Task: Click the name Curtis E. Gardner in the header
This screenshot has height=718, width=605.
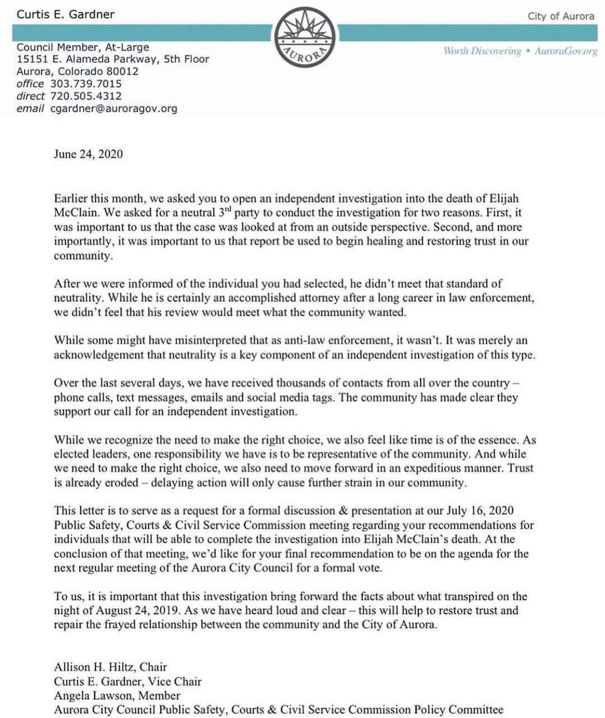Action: coord(66,15)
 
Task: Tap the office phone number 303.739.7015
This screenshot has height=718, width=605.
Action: coord(86,83)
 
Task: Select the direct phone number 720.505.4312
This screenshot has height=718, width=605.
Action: coord(86,96)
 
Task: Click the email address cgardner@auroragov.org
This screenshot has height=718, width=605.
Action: coord(114,108)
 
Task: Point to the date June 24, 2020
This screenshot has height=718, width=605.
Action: coord(88,154)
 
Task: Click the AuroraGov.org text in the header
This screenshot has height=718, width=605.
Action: coord(566,51)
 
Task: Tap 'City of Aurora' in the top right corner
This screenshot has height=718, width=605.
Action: coord(561,16)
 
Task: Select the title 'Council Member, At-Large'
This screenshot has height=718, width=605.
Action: coord(83,47)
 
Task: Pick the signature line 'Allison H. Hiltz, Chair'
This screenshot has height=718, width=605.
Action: coord(110,667)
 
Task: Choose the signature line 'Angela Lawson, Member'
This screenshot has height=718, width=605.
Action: coord(117,696)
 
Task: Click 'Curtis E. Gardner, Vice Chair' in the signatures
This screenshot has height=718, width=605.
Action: coord(128,682)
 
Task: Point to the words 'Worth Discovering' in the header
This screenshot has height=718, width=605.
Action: coord(482,51)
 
